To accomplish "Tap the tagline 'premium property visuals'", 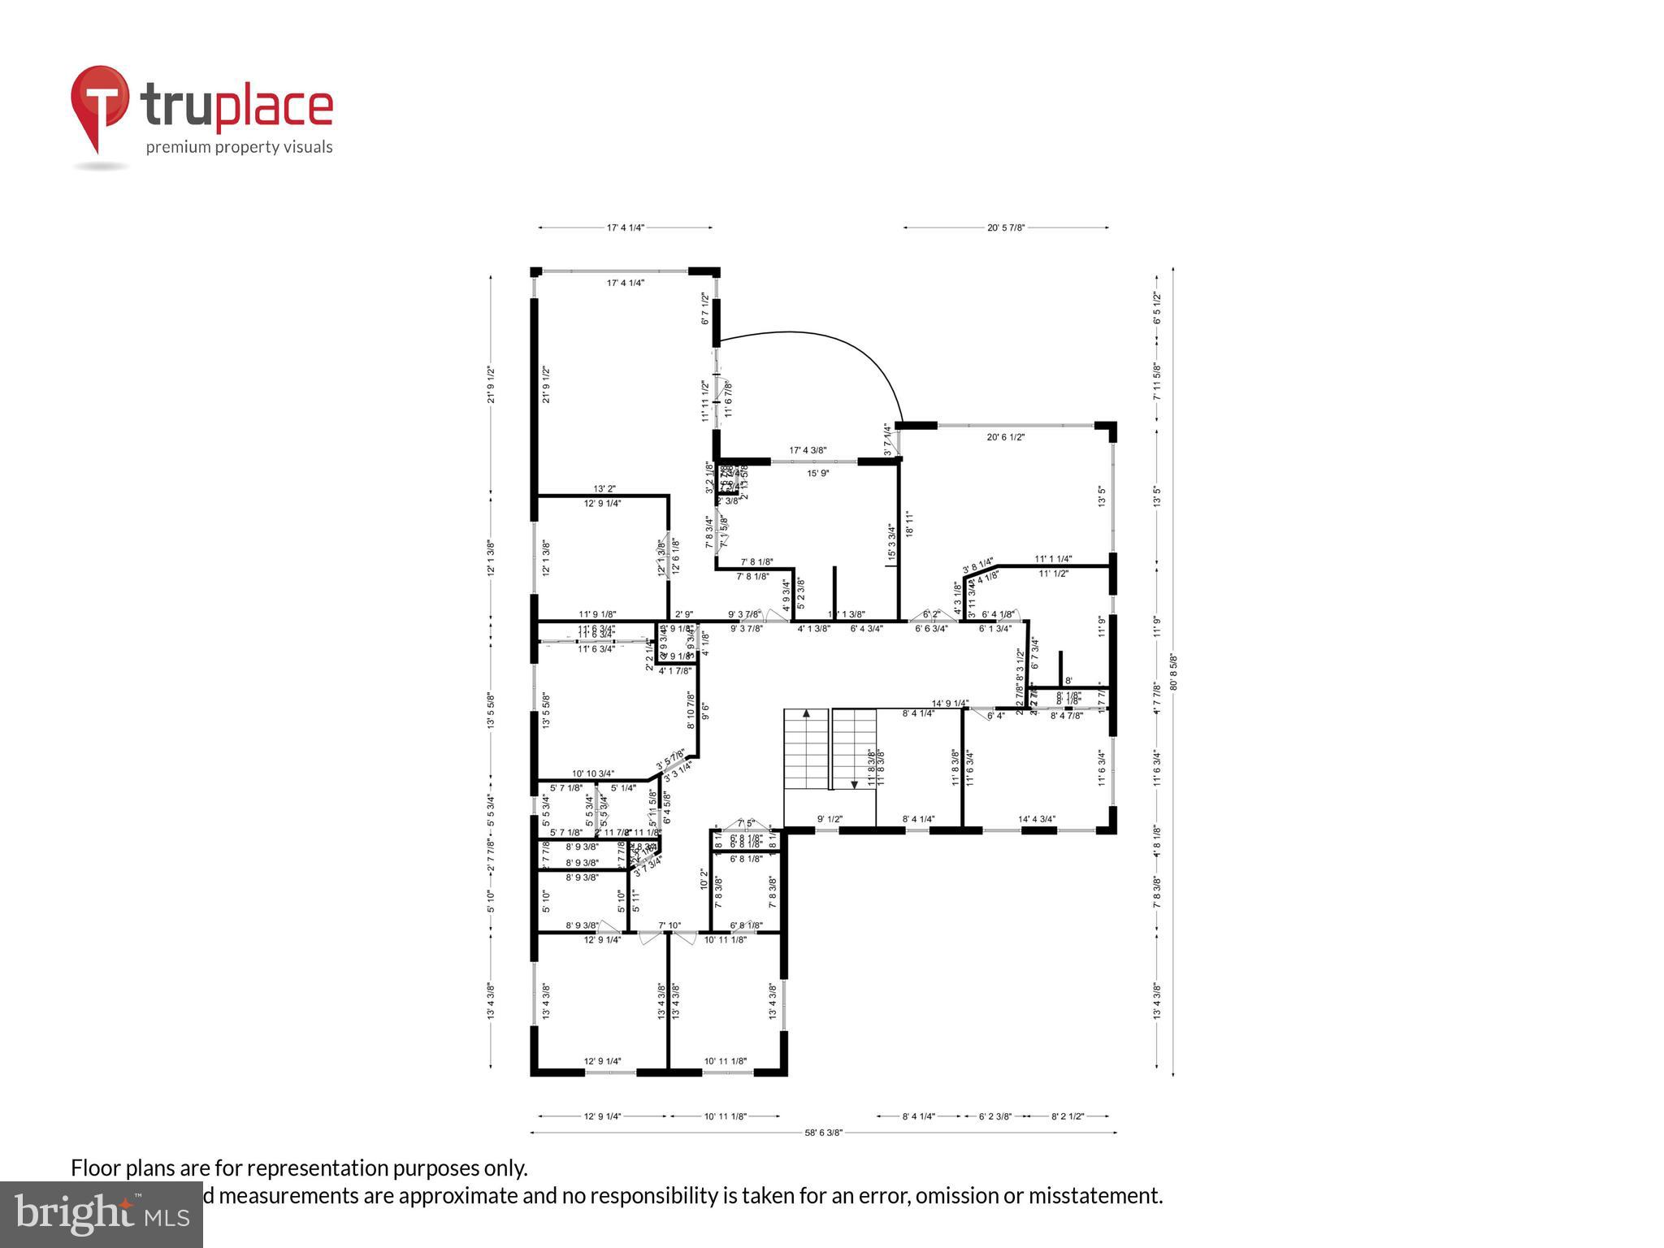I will tap(239, 147).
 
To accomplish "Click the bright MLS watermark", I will tap(102, 1214).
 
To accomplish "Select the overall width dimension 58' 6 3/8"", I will tap(823, 1132).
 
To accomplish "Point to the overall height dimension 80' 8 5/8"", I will tap(1172, 673).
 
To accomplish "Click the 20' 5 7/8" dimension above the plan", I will tap(1006, 228).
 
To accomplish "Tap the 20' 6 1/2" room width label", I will tap(1006, 437).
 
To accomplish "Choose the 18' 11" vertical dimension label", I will tap(909, 524).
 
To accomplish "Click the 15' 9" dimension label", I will tap(817, 473).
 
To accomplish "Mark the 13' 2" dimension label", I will tap(604, 489).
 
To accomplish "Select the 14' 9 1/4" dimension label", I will tap(950, 704).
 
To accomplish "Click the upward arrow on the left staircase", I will tap(806, 714).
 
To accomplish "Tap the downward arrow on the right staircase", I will tap(855, 783).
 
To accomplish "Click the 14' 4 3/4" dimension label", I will tap(1037, 819).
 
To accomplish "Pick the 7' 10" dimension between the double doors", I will tap(669, 925).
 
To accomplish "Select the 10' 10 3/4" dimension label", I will tap(593, 774).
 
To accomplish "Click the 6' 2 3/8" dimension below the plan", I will tap(993, 1116).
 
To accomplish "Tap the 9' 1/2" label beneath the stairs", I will tap(830, 819).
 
